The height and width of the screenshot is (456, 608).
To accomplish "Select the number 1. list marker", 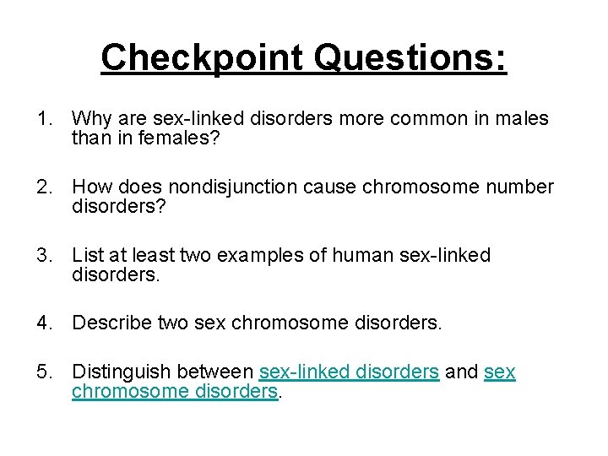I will (x=45, y=119).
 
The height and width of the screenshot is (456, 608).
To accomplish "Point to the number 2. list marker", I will (x=45, y=187).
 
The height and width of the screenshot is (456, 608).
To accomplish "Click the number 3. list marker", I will (x=45, y=254).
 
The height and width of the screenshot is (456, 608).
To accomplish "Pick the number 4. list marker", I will (x=45, y=322).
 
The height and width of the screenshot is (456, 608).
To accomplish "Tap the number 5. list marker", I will (x=45, y=372).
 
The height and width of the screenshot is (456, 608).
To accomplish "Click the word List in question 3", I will (x=87, y=254).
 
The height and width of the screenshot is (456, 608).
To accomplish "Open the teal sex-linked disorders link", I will (x=349, y=372).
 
